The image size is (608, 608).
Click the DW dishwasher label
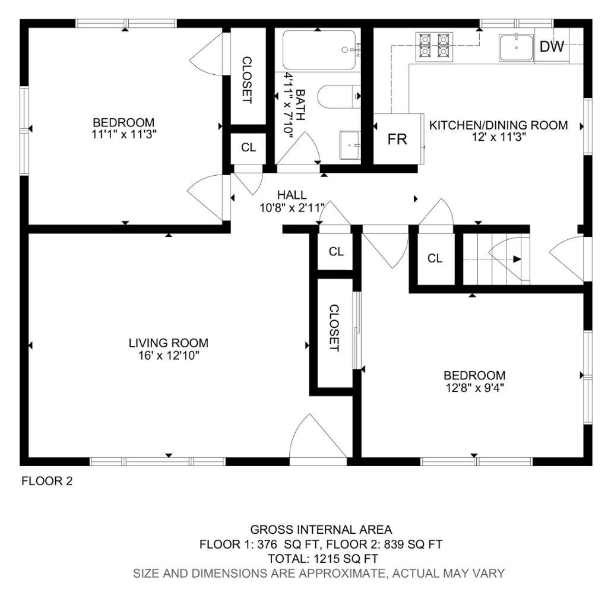[x=552, y=46]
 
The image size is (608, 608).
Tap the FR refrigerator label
[x=397, y=139]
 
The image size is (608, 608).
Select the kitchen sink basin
[x=516, y=47]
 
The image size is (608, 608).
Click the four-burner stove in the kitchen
[x=434, y=46]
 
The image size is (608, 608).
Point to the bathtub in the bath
[x=319, y=50]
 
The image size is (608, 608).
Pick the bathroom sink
[x=350, y=145]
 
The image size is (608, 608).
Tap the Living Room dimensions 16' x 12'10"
[x=169, y=355]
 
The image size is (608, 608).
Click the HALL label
[x=292, y=195]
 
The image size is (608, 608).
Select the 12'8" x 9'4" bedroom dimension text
[x=474, y=388]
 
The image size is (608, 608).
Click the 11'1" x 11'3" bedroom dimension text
[x=123, y=135]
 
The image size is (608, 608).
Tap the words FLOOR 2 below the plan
[x=47, y=481]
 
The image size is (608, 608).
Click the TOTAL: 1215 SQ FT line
[x=322, y=559]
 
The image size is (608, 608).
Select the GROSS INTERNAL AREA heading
[x=321, y=530]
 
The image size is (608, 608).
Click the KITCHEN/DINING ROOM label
[x=498, y=125]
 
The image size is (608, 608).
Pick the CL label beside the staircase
[x=435, y=258]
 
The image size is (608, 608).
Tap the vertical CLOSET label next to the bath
[x=247, y=80]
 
